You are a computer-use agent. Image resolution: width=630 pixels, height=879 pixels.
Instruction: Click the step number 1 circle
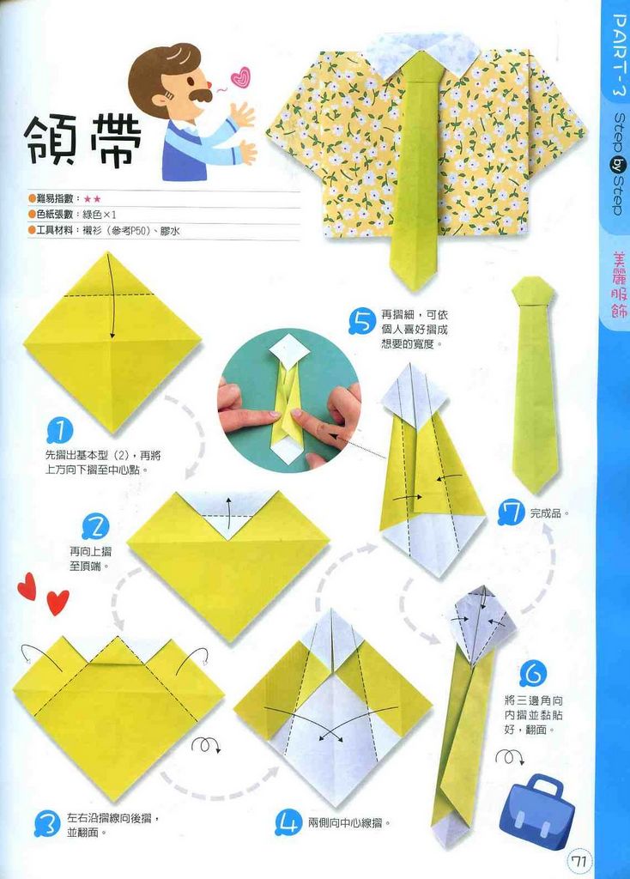pyautogui.click(x=59, y=429)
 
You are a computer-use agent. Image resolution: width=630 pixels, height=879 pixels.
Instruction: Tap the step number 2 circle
pyautogui.click(x=95, y=526)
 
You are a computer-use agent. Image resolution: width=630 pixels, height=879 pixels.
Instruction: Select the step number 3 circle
pyautogui.click(x=47, y=825)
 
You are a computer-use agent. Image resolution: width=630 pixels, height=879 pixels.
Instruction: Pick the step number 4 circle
pyautogui.click(x=288, y=824)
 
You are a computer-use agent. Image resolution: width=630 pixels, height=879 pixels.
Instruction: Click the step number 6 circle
pyautogui.click(x=532, y=673)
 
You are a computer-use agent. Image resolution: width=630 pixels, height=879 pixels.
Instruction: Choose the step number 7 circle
pyautogui.click(x=512, y=513)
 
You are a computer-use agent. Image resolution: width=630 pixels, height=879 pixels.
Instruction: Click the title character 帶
pyautogui.click(x=114, y=140)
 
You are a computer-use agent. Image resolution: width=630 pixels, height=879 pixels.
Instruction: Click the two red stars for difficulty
pyautogui.click(x=92, y=198)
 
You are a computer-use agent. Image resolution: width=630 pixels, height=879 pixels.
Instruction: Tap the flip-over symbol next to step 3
pyautogui.click(x=204, y=744)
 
